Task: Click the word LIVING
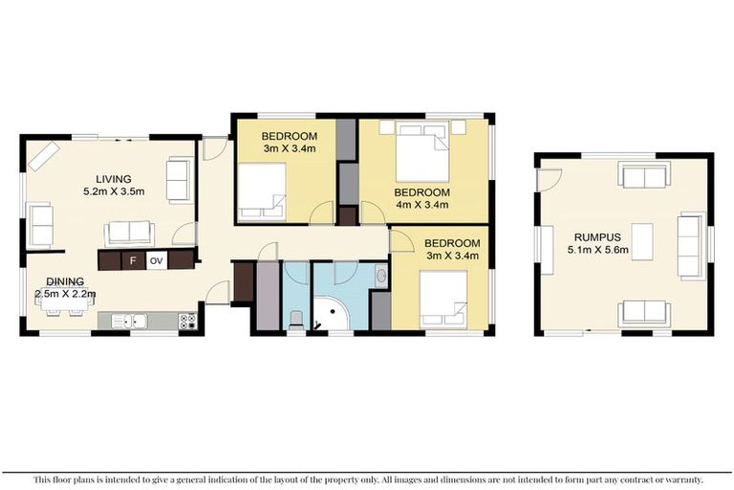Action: [113, 179]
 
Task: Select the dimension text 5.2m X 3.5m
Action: [113, 191]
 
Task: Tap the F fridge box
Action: [133, 259]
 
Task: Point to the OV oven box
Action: [157, 259]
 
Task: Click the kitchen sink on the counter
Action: [134, 322]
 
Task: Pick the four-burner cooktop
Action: [186, 322]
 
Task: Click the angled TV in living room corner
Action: [44, 156]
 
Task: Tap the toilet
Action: [296, 319]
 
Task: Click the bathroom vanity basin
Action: [381, 278]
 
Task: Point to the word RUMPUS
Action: [596, 236]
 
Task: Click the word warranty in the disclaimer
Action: [678, 479]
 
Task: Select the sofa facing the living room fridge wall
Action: [128, 232]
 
